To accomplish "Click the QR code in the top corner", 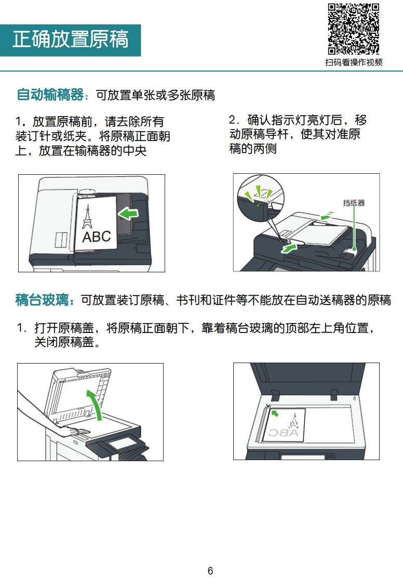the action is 353,29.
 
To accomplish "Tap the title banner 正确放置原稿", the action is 70,40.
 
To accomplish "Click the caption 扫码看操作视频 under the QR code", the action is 354,62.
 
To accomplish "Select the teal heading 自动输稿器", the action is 50,94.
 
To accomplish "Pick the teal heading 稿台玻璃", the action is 42,299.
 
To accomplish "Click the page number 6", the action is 210,571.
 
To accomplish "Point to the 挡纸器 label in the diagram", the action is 354,203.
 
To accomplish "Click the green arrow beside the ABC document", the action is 128,213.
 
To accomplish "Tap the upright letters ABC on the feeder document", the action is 96,237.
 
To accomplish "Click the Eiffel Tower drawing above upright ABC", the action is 87,217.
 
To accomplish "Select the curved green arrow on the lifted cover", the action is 96,404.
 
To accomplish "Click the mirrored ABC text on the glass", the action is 284,433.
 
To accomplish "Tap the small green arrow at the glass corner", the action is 275,413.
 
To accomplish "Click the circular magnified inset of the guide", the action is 261,198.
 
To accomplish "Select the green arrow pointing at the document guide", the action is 289,248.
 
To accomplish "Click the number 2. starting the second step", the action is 234,120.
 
